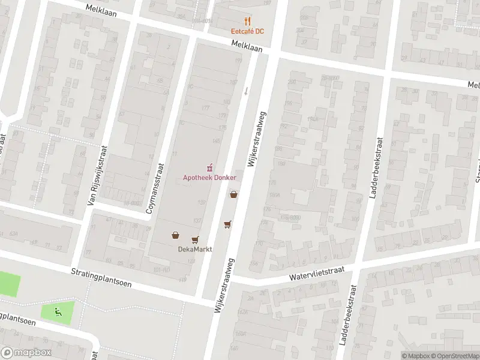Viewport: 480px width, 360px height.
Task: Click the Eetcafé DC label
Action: point(248,31)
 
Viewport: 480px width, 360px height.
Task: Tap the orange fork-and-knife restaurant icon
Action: point(248,22)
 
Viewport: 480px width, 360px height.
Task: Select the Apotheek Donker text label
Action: point(209,177)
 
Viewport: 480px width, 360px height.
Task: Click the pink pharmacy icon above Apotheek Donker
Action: point(209,166)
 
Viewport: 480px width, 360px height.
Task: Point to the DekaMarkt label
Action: point(191,249)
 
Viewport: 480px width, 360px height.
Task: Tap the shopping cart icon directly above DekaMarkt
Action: point(195,239)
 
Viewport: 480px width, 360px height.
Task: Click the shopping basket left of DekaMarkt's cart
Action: point(175,235)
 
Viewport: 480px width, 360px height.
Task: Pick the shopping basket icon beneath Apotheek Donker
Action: point(233,194)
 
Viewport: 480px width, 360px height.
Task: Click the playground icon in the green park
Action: point(58,311)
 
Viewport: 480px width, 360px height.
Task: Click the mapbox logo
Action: point(26,353)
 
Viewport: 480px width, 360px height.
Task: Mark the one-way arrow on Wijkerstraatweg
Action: point(245,91)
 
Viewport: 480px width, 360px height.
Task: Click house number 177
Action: point(206,108)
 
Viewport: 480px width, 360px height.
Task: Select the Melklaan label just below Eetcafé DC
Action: point(247,45)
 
